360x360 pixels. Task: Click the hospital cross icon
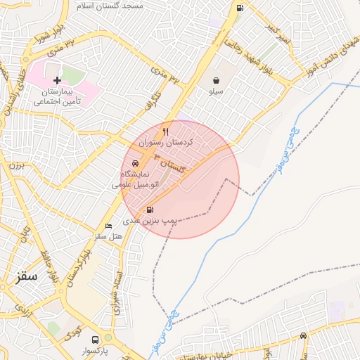[x=57, y=81]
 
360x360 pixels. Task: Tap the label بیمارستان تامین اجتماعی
[x=57, y=97]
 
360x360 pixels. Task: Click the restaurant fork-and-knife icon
[x=166, y=131]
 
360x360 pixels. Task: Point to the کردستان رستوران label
[x=160, y=142]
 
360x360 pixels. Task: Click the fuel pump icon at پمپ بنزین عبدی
[x=150, y=210]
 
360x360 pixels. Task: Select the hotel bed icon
[x=108, y=226]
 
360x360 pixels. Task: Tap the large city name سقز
[x=28, y=276]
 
